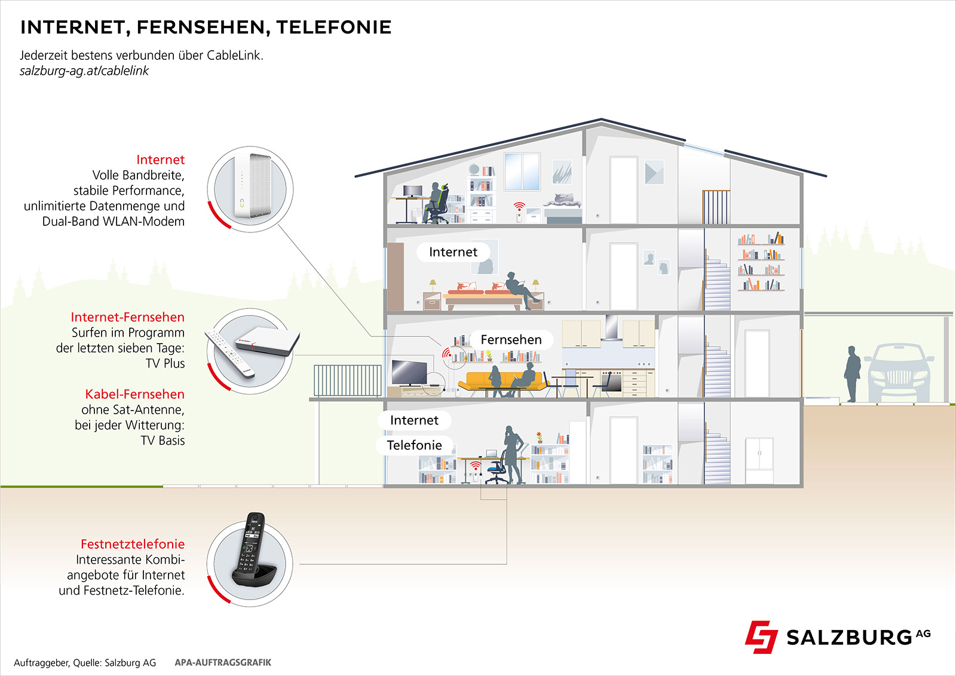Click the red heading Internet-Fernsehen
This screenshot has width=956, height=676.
127,317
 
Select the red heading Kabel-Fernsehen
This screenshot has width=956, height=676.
134,394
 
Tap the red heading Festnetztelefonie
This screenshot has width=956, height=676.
133,545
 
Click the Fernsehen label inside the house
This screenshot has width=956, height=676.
511,340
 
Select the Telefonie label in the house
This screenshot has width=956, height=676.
414,445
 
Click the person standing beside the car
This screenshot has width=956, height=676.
852,374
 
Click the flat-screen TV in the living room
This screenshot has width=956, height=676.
409,372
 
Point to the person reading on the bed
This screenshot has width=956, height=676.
520,290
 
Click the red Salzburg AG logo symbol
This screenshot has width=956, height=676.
761,637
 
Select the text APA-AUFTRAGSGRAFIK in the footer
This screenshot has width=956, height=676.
223,662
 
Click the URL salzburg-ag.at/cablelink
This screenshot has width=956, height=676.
84,71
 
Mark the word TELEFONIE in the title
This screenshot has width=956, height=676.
333,27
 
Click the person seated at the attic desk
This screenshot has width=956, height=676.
437,202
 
